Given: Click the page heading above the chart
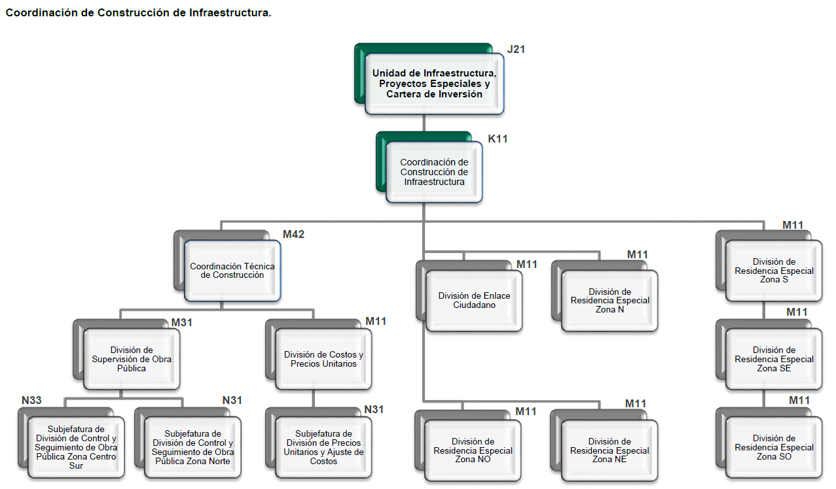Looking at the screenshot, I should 138,13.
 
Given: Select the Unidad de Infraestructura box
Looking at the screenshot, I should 434,84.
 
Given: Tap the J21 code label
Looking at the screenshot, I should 516,49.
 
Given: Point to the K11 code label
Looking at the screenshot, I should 498,139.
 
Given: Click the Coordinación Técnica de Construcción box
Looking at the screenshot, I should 232,271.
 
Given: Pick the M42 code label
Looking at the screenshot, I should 293,234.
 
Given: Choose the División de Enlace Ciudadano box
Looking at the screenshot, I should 474,301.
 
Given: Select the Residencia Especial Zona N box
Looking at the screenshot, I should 609,301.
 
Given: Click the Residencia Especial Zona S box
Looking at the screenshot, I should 774,271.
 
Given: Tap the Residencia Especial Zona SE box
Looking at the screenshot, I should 774,359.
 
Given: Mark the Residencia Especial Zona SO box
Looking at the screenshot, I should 774,447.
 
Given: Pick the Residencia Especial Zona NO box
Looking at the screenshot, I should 473,450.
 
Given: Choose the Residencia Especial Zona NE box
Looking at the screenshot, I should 609,450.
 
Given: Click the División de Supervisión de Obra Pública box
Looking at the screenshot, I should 132,359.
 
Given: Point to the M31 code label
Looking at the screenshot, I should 182,322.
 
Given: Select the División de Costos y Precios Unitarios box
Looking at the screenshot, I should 323,359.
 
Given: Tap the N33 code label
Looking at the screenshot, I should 32,400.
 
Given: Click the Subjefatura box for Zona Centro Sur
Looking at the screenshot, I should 76,448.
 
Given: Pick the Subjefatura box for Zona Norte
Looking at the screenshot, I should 192,448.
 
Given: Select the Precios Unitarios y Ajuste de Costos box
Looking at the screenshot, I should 323,447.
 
